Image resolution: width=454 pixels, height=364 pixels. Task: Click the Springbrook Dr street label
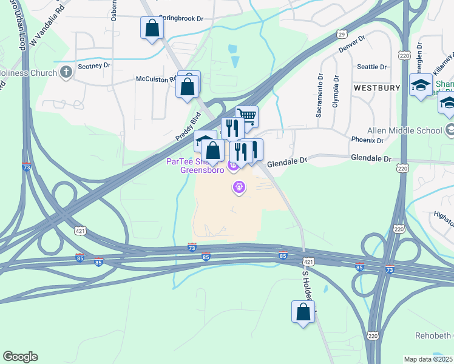click(x=181, y=19)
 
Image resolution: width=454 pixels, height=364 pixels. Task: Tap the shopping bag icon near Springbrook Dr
click(x=151, y=28)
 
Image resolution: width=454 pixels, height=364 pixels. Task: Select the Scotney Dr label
click(x=94, y=65)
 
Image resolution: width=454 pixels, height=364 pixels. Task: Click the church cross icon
click(x=66, y=72)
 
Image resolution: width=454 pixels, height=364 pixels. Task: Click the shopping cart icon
click(x=247, y=116)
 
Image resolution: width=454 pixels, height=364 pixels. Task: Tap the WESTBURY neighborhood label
click(x=377, y=88)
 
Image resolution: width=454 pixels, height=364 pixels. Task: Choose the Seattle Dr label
click(x=372, y=67)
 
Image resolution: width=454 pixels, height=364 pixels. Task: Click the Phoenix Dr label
click(x=367, y=140)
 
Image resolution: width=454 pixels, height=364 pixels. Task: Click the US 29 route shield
click(x=342, y=35)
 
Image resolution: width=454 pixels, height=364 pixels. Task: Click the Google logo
click(x=20, y=357)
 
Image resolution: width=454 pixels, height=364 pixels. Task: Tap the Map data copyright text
click(x=429, y=359)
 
